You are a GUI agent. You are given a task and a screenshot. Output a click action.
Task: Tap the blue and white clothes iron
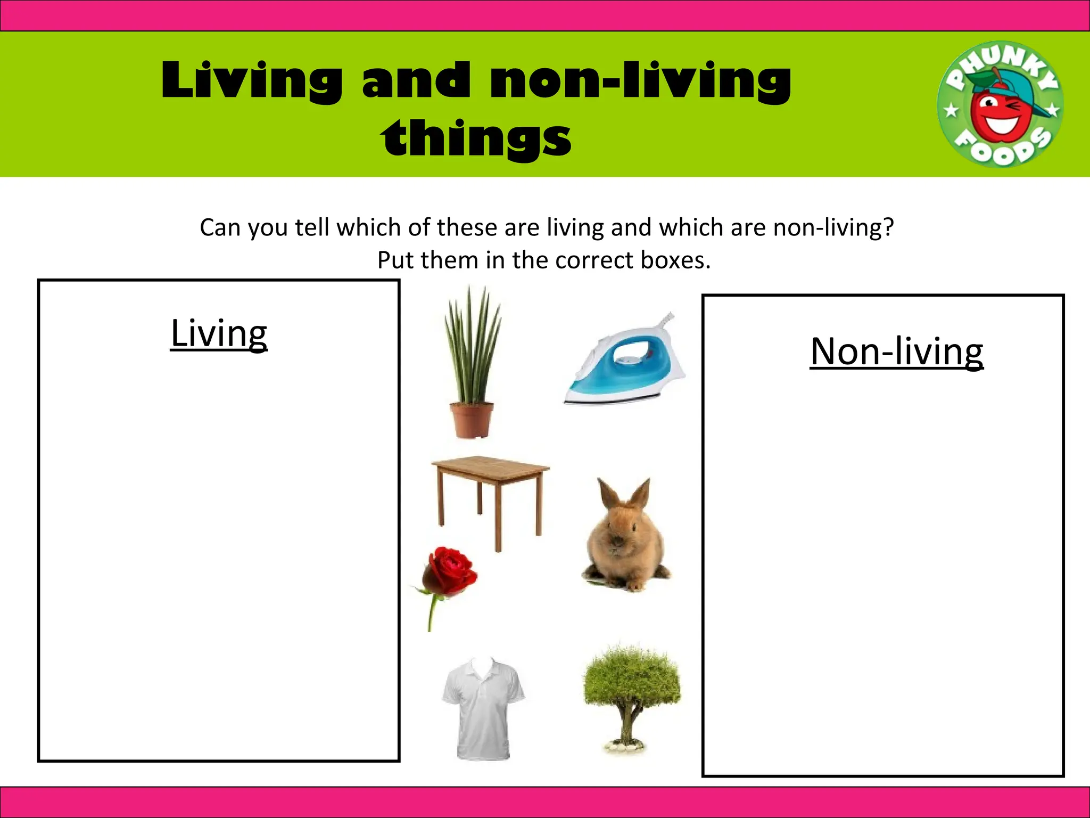pos(625,362)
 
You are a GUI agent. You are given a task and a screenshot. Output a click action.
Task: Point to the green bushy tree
pos(631,682)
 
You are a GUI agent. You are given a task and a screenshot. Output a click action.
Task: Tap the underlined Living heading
pos(219,333)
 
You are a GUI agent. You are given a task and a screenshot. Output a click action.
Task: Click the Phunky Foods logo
pos(1000,104)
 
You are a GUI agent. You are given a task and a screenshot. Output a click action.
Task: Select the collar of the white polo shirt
pos(483,668)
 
